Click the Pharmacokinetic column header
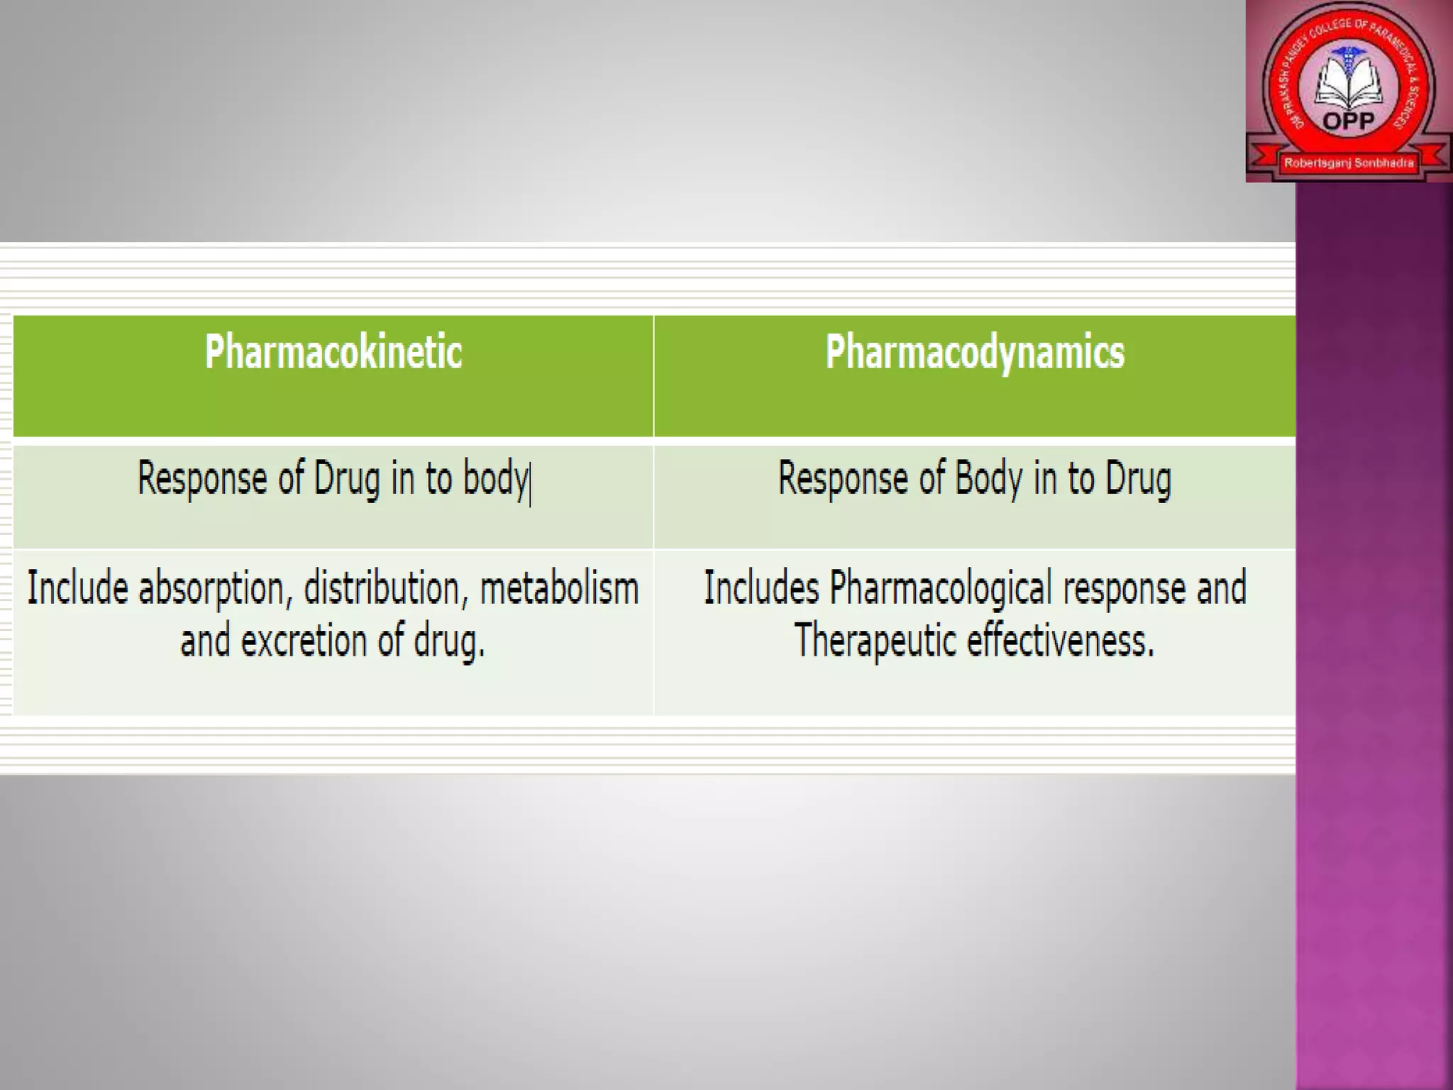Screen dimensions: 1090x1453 click(333, 352)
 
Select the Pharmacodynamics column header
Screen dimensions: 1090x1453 click(975, 352)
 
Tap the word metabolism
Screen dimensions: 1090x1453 click(559, 589)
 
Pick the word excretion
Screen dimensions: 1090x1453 click(303, 642)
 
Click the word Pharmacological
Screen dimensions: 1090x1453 click(941, 589)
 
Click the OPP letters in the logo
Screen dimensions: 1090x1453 click(1349, 121)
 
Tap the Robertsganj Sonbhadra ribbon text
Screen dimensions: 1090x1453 click(1349, 163)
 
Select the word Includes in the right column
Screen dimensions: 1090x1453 click(761, 589)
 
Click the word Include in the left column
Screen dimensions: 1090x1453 click(77, 589)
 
